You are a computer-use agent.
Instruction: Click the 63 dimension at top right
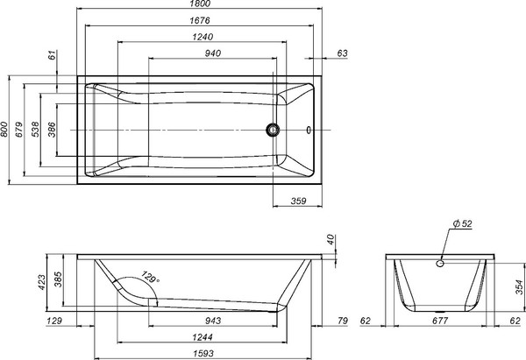pyautogui.click(x=342, y=53)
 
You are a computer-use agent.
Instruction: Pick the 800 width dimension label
pyautogui.click(x=6, y=130)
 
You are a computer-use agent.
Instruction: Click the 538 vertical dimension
pyautogui.click(x=37, y=130)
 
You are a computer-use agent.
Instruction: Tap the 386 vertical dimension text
pyautogui.click(x=52, y=130)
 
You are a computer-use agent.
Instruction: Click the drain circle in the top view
pyautogui.click(x=274, y=131)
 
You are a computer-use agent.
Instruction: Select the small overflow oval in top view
pyautogui.click(x=308, y=131)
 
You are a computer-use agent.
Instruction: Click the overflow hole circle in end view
pyautogui.click(x=441, y=261)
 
